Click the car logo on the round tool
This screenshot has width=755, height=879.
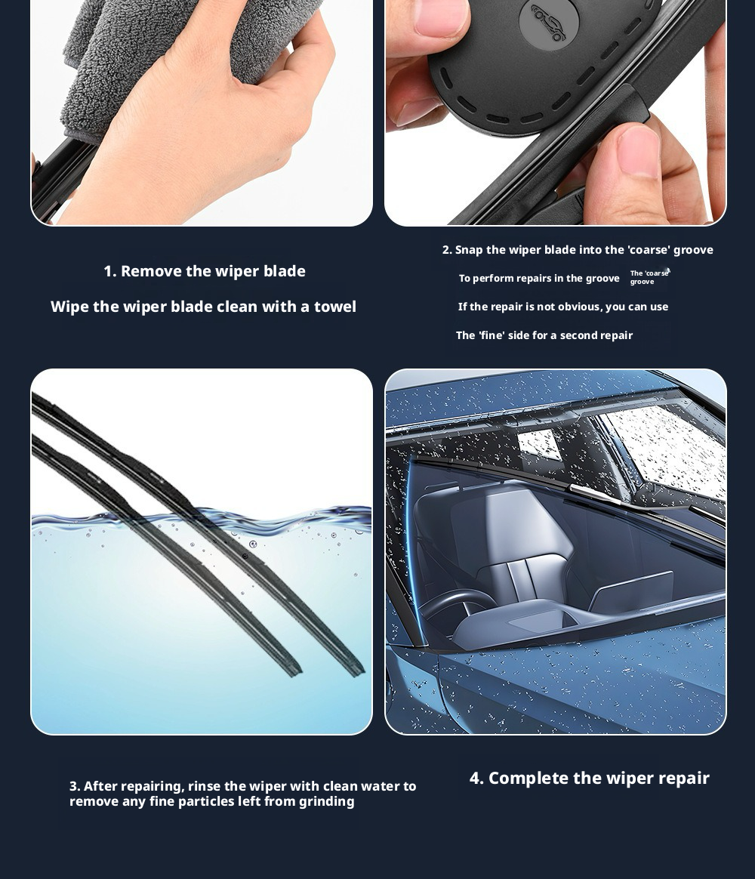(x=547, y=23)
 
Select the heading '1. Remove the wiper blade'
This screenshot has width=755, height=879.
(x=205, y=271)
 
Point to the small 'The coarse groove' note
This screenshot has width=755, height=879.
(x=649, y=277)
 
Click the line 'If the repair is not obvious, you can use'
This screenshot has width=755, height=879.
(x=562, y=307)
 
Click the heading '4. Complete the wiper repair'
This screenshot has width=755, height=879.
(x=589, y=778)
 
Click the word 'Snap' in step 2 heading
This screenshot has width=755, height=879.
(x=469, y=250)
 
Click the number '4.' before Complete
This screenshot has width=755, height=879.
(x=476, y=778)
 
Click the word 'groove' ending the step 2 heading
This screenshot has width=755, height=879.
(x=693, y=250)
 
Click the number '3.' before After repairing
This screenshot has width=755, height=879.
(x=75, y=786)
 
